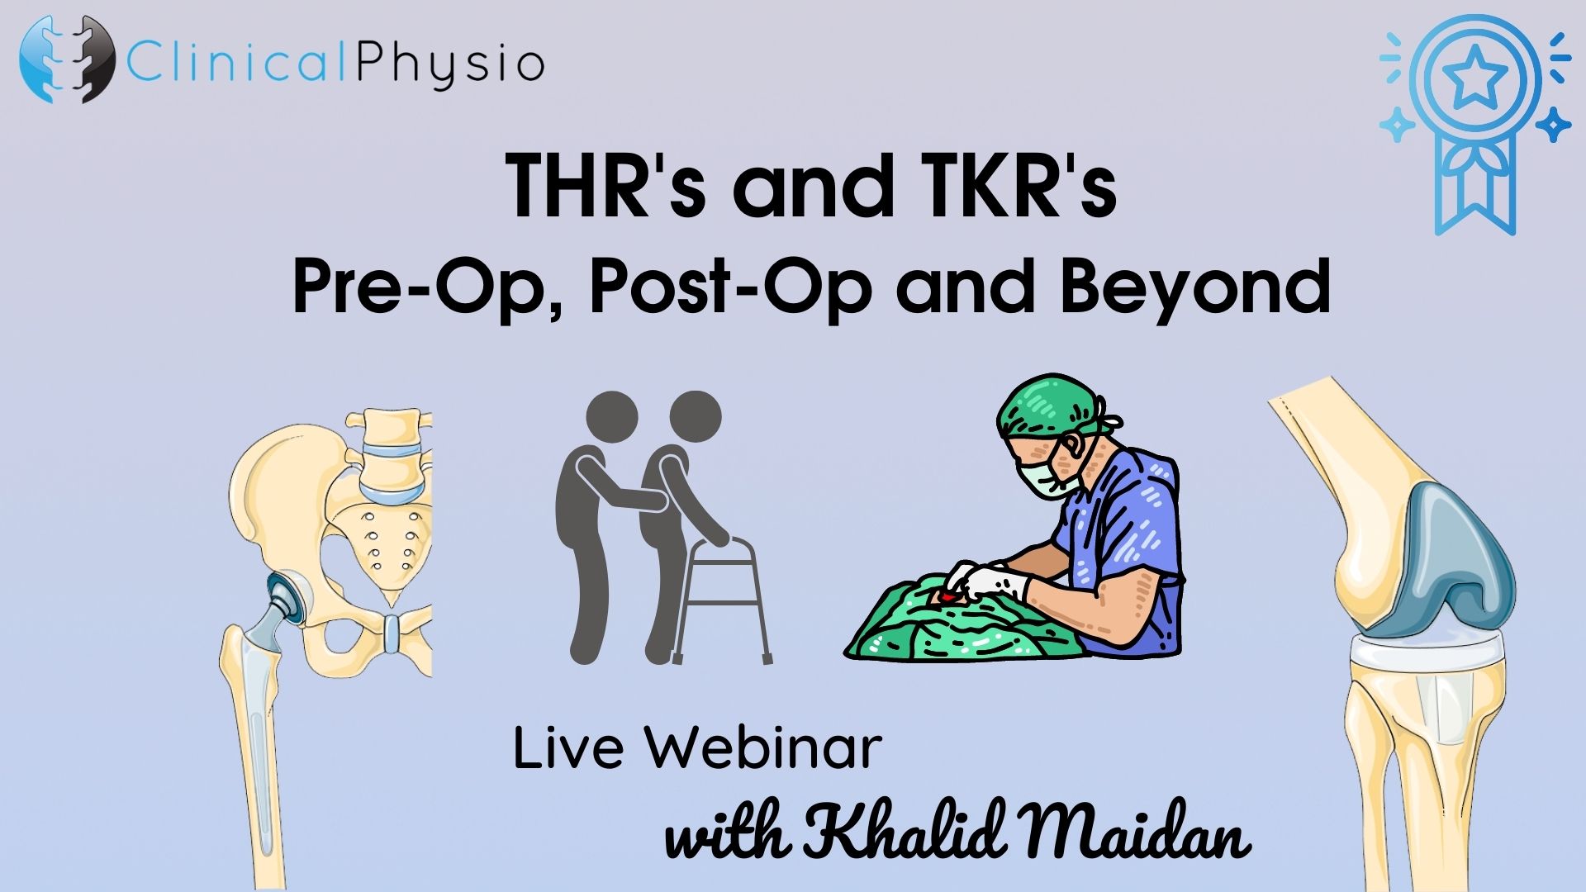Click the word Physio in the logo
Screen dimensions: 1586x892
[449, 64]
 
